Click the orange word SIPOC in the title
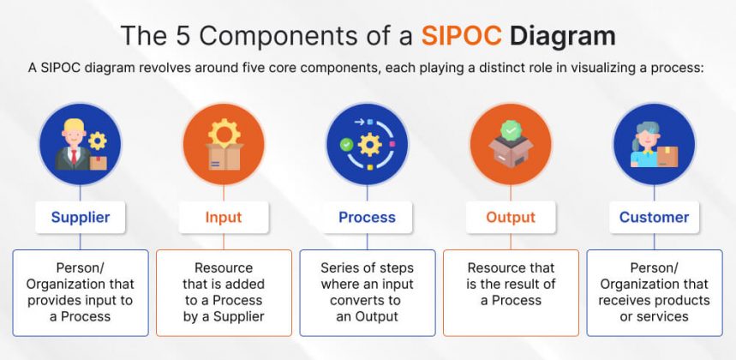[x=461, y=36]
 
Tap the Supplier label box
[x=81, y=217]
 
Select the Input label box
[x=224, y=217]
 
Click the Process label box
[x=367, y=217]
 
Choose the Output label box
[x=511, y=217]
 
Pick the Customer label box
[x=654, y=217]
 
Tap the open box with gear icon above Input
[x=224, y=144]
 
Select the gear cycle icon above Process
[x=367, y=144]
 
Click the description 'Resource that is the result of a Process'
[x=511, y=285]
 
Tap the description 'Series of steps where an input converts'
[x=367, y=292]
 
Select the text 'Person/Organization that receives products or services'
[x=654, y=292]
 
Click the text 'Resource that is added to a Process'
[x=224, y=292]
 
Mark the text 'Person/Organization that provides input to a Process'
[x=81, y=292]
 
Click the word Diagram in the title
[x=562, y=36]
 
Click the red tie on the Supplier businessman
[x=75, y=156]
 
